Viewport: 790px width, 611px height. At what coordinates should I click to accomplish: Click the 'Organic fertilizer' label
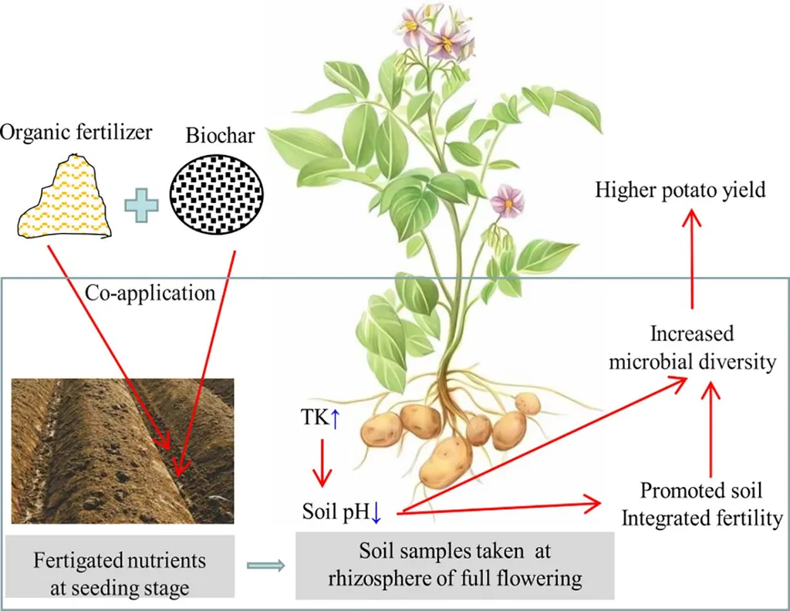[x=76, y=132]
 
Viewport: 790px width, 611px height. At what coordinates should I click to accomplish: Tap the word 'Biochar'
[x=220, y=136]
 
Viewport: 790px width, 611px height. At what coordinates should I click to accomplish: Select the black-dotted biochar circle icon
[x=217, y=194]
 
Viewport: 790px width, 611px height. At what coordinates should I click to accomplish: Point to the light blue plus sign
[x=142, y=205]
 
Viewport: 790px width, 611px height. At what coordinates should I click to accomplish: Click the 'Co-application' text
[x=150, y=292]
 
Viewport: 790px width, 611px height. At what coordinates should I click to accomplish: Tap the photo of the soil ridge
[x=123, y=451]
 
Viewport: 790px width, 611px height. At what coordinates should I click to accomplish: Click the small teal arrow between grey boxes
[x=265, y=565]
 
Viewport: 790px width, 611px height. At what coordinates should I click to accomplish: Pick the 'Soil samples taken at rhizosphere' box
[x=454, y=565]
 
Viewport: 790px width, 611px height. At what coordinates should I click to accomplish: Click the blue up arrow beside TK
[x=336, y=419]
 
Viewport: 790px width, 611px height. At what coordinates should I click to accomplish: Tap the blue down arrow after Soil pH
[x=376, y=513]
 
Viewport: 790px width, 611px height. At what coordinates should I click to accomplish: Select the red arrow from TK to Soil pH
[x=322, y=462]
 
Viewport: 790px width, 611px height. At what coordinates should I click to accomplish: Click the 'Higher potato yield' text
[x=680, y=190]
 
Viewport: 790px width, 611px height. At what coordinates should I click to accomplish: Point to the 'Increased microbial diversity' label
[x=692, y=348]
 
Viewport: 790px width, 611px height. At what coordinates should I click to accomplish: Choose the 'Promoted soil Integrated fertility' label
[x=702, y=505]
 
